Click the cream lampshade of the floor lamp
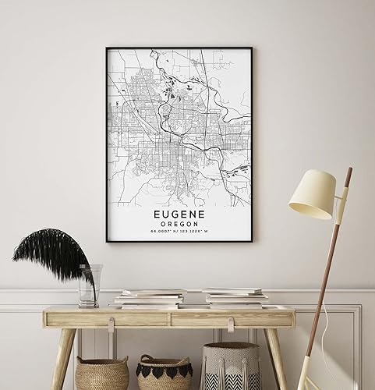tap(312, 194)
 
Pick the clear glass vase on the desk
tap(90, 285)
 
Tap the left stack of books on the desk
tap(150, 298)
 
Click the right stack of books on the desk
tap(235, 297)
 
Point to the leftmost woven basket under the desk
tap(102, 373)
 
